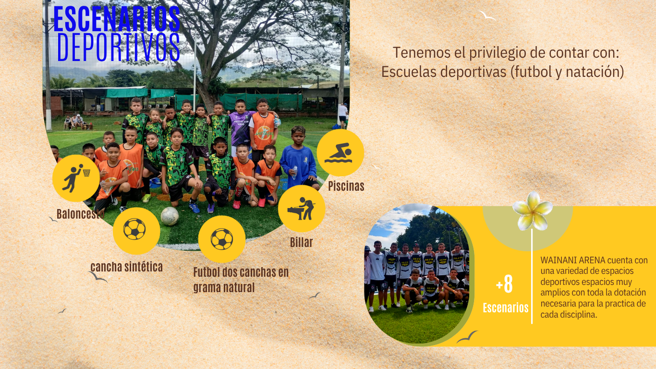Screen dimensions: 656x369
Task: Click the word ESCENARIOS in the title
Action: coord(117,19)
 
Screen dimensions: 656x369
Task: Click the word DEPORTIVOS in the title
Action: coord(118,47)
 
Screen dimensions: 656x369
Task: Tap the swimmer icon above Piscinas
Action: coord(340,153)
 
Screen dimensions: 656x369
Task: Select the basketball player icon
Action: coord(76,178)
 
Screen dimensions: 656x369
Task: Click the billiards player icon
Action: coord(302,209)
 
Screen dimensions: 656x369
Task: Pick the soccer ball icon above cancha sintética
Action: coord(134,229)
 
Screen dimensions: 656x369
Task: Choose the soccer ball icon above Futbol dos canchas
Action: coord(222,239)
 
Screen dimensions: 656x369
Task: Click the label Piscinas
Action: coord(346,186)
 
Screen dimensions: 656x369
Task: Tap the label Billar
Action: coord(302,242)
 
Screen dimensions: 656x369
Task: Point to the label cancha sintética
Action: coord(126,267)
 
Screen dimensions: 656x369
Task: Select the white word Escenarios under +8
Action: coord(506,308)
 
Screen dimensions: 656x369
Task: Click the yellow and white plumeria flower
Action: coord(533,211)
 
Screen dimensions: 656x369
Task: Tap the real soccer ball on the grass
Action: coord(170,216)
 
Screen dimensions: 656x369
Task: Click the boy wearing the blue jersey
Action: coord(299,158)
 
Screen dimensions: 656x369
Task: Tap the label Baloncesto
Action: coord(80,214)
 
